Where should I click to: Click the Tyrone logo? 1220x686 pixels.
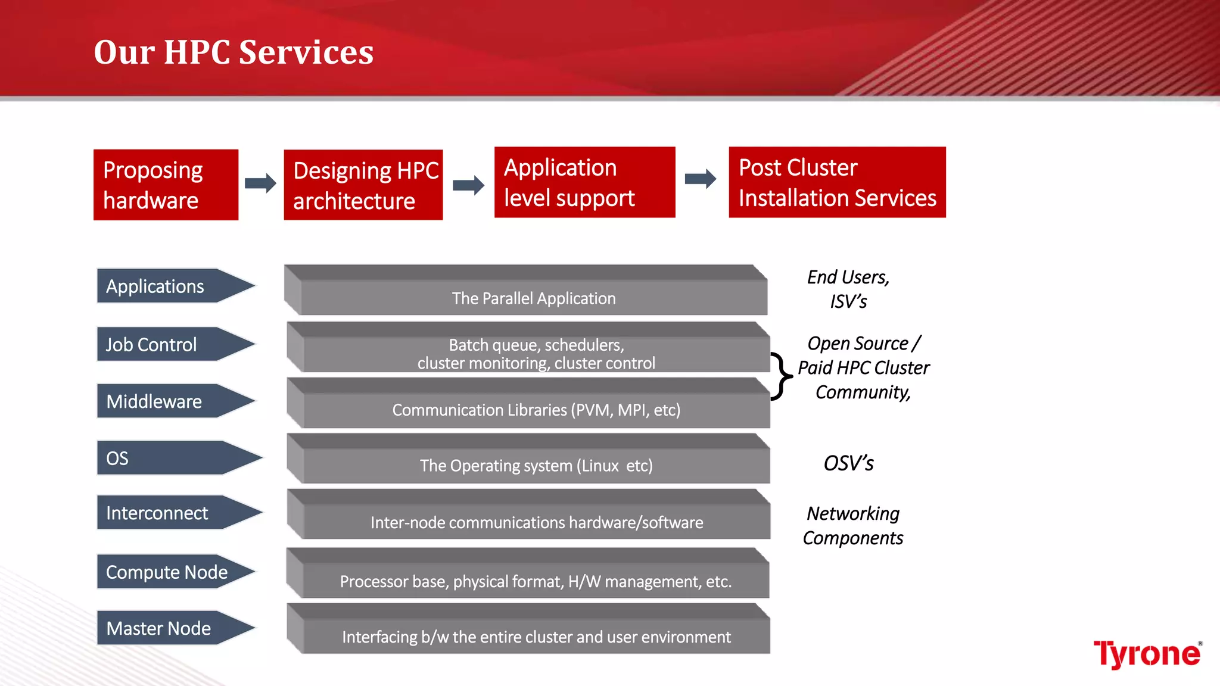click(x=1147, y=654)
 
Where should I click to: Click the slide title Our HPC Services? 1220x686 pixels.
click(x=234, y=52)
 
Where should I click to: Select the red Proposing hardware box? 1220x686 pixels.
click(x=166, y=185)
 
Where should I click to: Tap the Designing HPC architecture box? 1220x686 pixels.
click(x=363, y=185)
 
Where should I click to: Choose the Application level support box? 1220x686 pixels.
click(x=584, y=182)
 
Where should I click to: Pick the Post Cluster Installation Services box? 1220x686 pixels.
click(x=837, y=182)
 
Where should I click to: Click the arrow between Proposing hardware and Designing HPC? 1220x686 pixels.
click(x=260, y=183)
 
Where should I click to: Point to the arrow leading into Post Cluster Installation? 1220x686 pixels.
click(x=701, y=179)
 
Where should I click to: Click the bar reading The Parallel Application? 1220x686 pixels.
click(x=533, y=298)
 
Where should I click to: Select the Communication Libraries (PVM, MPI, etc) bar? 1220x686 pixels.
click(x=536, y=410)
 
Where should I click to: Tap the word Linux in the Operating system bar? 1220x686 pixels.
click(x=600, y=466)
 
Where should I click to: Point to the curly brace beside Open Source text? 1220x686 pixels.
click(x=781, y=376)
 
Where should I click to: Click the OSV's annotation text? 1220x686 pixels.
click(x=848, y=463)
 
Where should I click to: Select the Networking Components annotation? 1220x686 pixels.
click(x=852, y=525)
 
